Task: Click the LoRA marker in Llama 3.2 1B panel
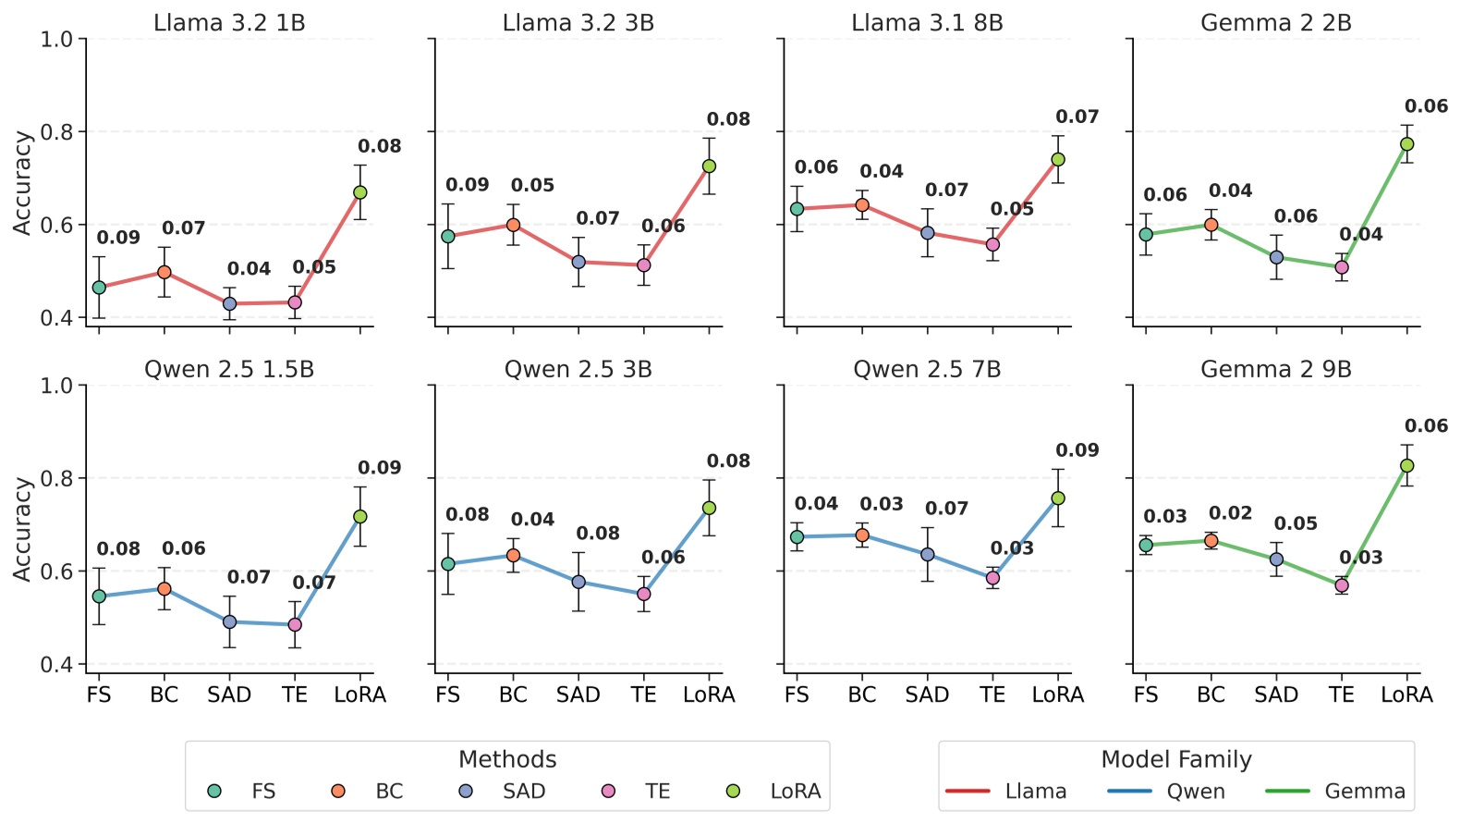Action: (360, 192)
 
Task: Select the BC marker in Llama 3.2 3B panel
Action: (513, 225)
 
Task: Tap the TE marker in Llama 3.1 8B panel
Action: (992, 245)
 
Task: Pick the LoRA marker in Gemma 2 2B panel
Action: (1406, 144)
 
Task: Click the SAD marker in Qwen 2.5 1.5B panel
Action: (229, 622)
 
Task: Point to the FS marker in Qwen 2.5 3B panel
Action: (448, 564)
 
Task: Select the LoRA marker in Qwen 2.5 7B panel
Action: (1058, 498)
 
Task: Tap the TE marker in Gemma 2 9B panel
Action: (1342, 585)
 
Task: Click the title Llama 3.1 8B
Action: (927, 23)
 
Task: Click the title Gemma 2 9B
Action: (1275, 370)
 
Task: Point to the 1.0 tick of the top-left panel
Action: (56, 40)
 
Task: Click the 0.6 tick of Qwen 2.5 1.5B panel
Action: (56, 572)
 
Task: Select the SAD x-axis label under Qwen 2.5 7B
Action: (927, 695)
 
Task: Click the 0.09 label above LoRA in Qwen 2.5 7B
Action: (1077, 451)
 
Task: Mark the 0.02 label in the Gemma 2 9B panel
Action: (1230, 513)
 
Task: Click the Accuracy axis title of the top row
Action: (22, 182)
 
